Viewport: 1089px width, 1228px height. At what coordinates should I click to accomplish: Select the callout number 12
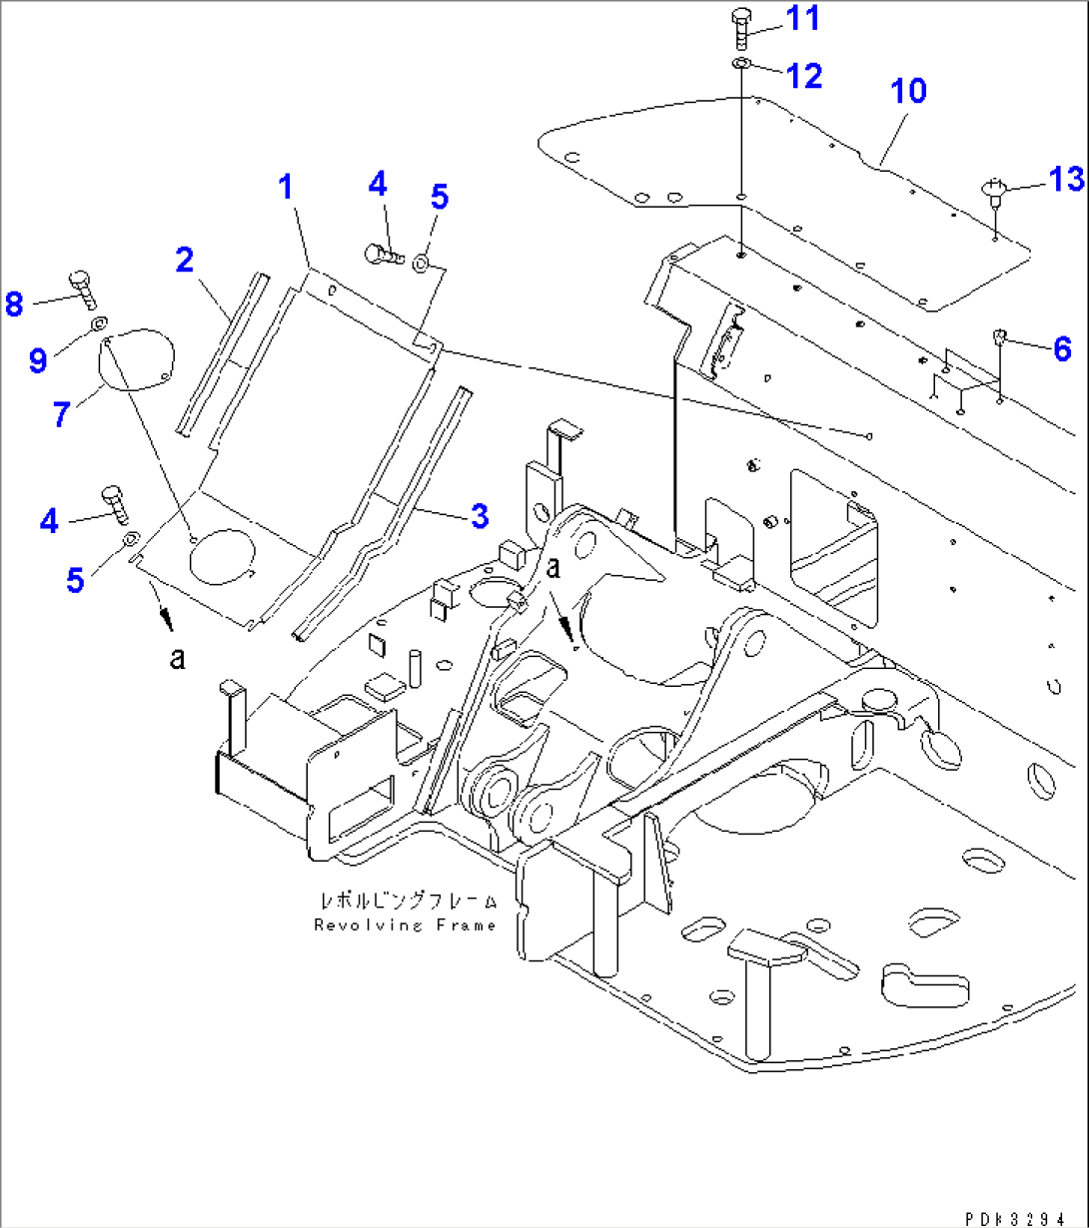pyautogui.click(x=804, y=75)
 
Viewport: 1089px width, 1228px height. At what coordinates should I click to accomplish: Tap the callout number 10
pyautogui.click(x=908, y=91)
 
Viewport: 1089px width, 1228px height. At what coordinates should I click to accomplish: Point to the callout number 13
pyautogui.click(x=1066, y=179)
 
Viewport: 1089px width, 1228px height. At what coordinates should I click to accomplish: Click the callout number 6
pyautogui.click(x=1062, y=348)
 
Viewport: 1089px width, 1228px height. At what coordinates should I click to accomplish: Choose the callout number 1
pyautogui.click(x=287, y=186)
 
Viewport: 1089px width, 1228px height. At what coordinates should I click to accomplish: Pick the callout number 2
pyautogui.click(x=184, y=260)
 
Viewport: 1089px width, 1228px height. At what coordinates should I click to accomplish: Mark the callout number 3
pyautogui.click(x=480, y=516)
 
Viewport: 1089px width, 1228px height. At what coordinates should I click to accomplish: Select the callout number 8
pyautogui.click(x=14, y=304)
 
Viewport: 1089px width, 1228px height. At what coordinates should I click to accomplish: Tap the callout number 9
pyautogui.click(x=38, y=359)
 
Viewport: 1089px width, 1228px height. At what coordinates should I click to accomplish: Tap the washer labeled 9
pyautogui.click(x=98, y=325)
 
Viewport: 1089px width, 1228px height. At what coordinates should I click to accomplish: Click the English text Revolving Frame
pyautogui.click(x=405, y=925)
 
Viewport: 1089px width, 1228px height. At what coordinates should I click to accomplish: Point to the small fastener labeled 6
pyautogui.click(x=999, y=339)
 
